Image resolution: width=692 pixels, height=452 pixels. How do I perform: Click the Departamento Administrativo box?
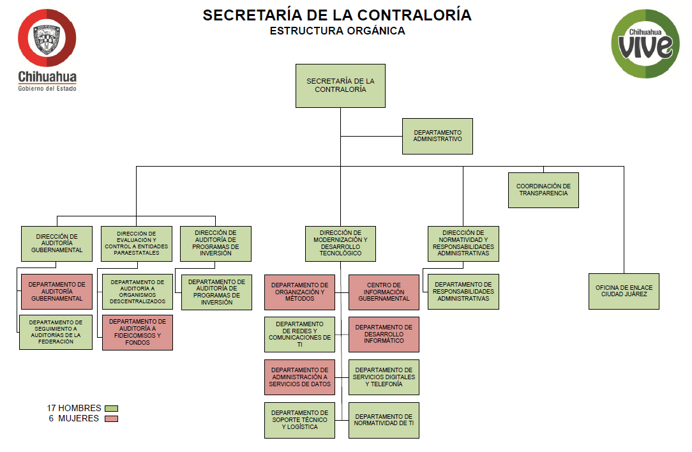437,136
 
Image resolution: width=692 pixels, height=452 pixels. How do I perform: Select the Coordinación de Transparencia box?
543,190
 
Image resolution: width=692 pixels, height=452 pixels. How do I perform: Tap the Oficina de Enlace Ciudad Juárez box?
624,291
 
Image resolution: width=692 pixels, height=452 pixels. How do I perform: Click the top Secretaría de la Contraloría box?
340,86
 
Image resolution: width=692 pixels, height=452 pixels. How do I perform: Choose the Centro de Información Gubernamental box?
384,292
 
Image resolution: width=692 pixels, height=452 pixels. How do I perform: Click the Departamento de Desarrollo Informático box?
384,334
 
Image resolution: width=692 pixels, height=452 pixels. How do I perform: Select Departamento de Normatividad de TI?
384,419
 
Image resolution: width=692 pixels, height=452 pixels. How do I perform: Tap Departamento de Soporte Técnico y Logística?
299,419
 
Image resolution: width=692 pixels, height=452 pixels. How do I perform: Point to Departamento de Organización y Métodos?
299,292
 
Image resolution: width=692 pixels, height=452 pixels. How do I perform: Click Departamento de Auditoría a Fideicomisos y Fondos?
137,332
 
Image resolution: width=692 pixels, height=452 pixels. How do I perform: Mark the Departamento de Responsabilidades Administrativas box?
463,292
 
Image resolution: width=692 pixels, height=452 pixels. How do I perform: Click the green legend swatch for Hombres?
112,408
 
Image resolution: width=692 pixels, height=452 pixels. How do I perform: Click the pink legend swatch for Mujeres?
112,419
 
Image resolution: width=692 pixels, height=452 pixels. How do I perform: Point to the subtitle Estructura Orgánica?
337,31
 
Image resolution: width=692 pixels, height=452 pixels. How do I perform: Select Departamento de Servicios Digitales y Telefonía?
384,377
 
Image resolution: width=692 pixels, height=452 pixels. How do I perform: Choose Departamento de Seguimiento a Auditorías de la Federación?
56,332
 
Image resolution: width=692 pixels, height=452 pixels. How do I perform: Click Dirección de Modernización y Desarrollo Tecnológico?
340,243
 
